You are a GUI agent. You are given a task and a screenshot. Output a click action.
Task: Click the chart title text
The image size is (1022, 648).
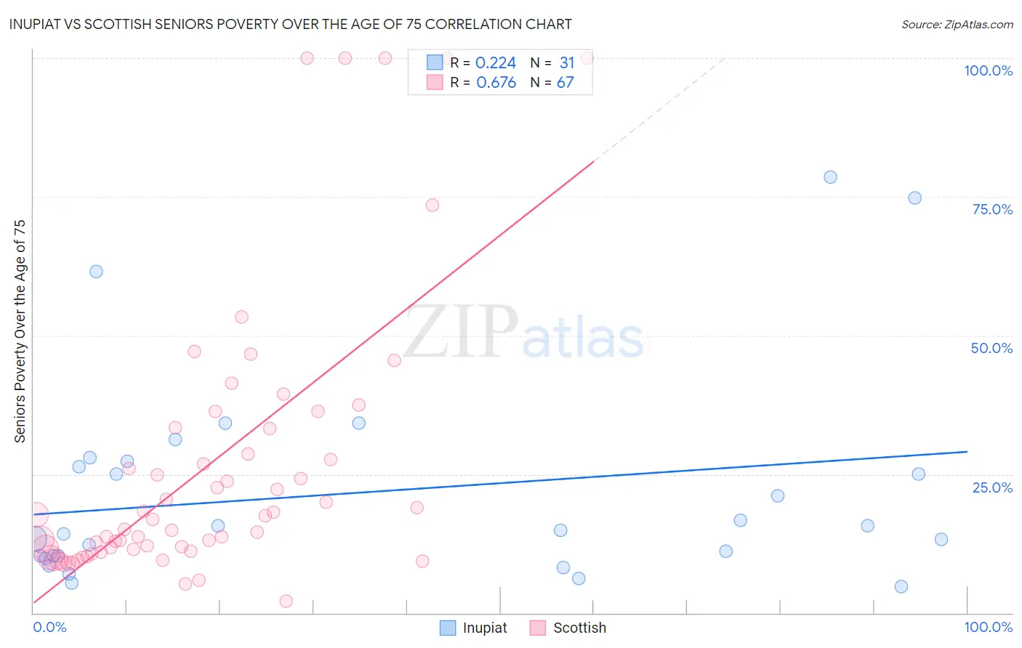(x=290, y=24)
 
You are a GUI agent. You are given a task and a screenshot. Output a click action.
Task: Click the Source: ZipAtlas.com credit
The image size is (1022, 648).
(x=957, y=24)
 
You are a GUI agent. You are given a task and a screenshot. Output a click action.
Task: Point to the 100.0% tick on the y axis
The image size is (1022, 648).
(x=988, y=70)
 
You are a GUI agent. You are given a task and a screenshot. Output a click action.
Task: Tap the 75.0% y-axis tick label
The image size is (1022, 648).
(x=992, y=209)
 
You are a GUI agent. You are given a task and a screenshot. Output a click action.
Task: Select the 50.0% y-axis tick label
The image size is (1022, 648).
(x=991, y=348)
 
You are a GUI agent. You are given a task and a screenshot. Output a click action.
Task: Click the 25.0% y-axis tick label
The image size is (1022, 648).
(x=992, y=487)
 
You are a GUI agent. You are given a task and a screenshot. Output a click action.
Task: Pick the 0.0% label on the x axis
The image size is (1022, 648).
(x=49, y=627)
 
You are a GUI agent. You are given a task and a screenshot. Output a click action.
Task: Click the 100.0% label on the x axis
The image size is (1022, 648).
(x=988, y=627)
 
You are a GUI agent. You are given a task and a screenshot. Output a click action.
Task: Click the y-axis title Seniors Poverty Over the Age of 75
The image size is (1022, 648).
(x=20, y=331)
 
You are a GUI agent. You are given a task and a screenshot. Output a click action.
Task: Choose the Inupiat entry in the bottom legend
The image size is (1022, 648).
(x=484, y=628)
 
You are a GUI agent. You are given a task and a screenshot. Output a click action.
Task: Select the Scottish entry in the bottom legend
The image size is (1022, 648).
(x=579, y=628)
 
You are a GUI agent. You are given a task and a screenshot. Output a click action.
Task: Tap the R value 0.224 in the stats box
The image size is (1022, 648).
(x=496, y=63)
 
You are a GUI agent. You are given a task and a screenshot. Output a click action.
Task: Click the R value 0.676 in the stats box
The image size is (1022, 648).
(x=496, y=83)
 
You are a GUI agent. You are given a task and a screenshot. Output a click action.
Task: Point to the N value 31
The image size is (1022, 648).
(x=567, y=63)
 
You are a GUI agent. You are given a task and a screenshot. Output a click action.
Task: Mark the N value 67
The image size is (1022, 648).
(x=566, y=83)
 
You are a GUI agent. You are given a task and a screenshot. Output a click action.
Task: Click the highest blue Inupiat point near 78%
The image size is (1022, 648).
(x=830, y=177)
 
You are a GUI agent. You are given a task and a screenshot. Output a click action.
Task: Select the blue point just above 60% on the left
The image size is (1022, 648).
(x=96, y=272)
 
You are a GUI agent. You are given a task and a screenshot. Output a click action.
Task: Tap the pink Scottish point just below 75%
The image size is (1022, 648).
(x=432, y=206)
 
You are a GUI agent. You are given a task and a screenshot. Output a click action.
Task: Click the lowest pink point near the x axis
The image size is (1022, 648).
(x=286, y=601)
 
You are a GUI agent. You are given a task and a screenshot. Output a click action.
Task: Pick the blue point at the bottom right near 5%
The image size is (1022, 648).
(x=901, y=587)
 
